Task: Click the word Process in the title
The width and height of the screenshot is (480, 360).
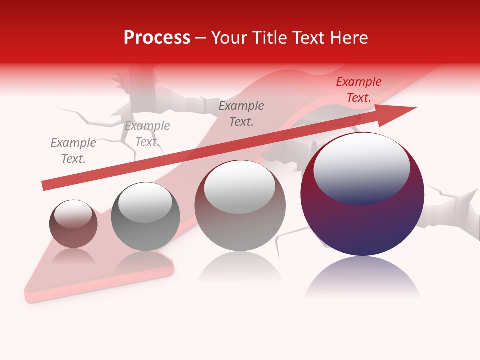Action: (x=157, y=38)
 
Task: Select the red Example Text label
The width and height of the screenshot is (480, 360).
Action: (x=358, y=90)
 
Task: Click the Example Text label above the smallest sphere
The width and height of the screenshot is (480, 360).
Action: (x=73, y=151)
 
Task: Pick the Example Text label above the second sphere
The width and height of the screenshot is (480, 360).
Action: (x=147, y=134)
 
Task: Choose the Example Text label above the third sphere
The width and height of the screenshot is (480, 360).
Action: (x=241, y=113)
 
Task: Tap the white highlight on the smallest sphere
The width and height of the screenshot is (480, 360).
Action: (x=73, y=214)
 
